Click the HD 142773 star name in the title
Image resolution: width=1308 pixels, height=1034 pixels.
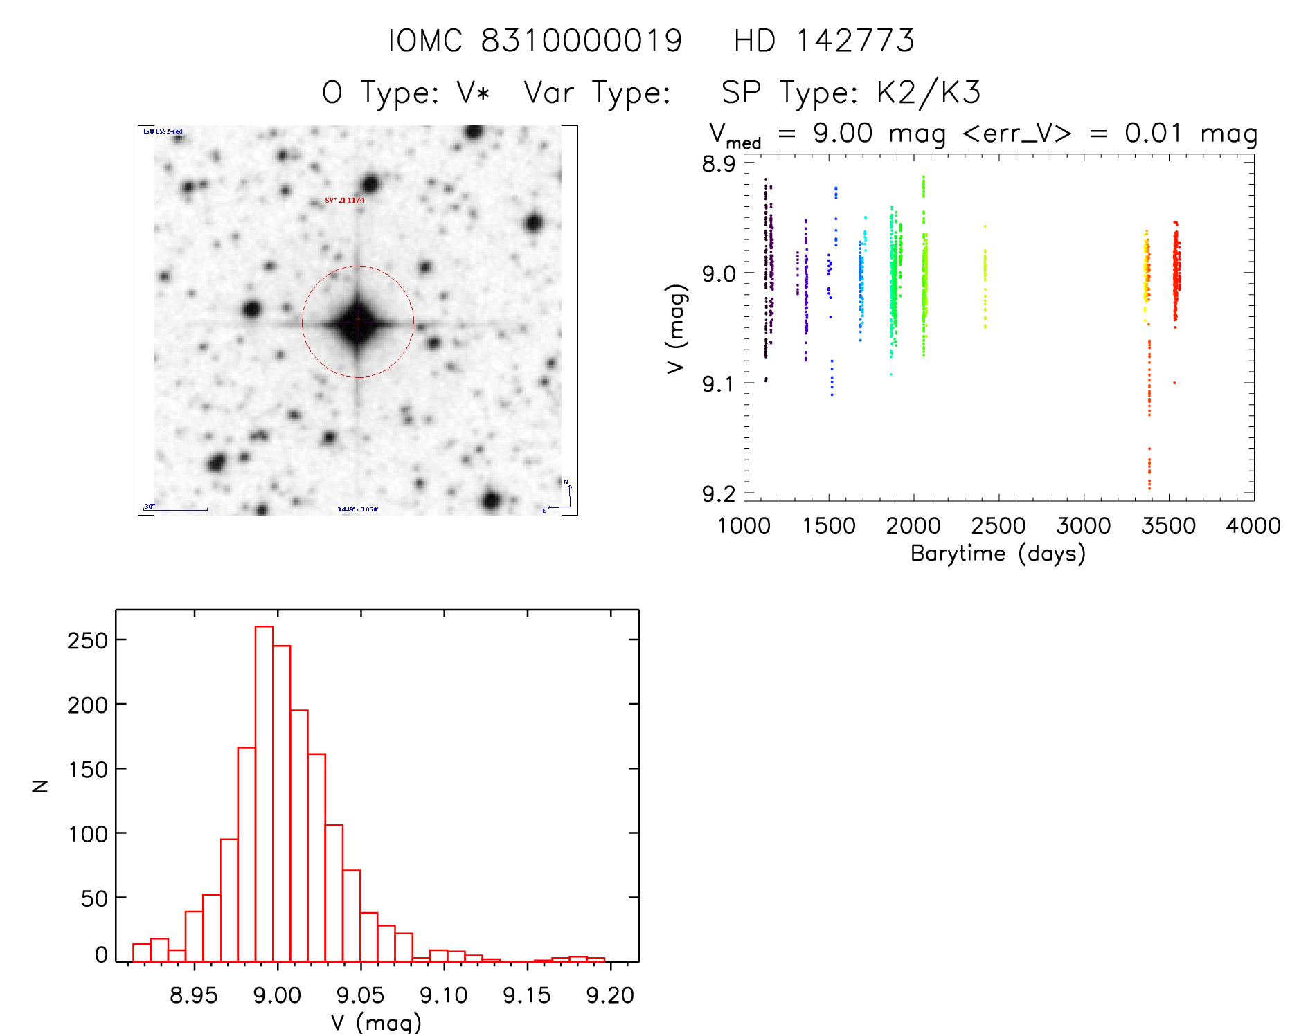pos(824,41)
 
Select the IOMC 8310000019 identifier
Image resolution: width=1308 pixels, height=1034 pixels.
pos(535,41)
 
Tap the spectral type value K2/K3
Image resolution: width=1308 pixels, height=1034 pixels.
pos(929,93)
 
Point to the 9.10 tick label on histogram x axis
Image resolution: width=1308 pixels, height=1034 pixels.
pos(444,995)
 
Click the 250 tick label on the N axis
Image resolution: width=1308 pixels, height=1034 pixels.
pos(88,640)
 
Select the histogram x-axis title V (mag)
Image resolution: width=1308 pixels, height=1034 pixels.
pos(376,1022)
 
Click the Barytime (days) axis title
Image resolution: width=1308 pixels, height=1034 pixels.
pos(998,554)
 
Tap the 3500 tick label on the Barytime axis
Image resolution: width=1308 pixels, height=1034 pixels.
pos(1168,526)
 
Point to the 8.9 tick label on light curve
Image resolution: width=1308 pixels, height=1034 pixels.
pos(719,164)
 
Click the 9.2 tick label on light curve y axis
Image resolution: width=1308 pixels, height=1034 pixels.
pos(719,493)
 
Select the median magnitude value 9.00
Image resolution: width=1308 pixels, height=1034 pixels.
pos(843,133)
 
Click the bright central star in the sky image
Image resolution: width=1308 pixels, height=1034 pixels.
pos(358,322)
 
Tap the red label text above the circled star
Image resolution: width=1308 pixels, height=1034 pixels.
pos(344,201)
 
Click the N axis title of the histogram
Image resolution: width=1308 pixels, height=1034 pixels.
pos(41,786)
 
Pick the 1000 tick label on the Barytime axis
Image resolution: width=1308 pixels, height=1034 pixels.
pos(744,526)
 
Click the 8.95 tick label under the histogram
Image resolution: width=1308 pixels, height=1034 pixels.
pos(194,995)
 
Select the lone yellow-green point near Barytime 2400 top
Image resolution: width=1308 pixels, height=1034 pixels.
pos(985,226)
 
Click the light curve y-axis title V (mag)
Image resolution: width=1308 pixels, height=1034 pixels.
pos(676,329)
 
